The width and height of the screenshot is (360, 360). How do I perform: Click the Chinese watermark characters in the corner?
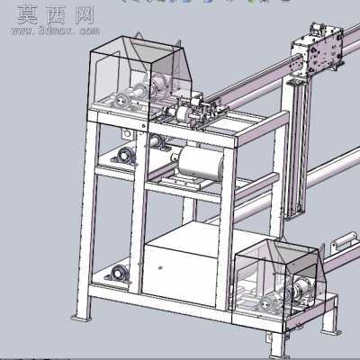point(56,15)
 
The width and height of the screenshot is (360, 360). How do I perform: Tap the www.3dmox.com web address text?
point(55,31)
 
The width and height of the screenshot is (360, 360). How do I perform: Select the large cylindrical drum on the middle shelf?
point(202,162)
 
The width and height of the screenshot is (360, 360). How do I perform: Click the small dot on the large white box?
point(160,267)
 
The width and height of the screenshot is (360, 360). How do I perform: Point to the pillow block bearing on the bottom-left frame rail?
point(117,274)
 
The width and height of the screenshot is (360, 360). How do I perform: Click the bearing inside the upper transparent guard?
point(122,100)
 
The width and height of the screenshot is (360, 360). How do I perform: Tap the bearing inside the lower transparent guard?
point(267,305)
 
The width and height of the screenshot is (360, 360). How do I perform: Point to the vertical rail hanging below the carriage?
point(298,147)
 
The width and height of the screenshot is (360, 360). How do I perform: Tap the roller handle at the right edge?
point(345,240)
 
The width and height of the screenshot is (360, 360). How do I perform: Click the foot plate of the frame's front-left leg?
point(82,318)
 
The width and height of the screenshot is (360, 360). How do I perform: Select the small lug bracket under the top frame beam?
point(127,134)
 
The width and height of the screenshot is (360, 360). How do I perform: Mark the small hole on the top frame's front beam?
point(144,125)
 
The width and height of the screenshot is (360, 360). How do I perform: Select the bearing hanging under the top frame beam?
point(157,142)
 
